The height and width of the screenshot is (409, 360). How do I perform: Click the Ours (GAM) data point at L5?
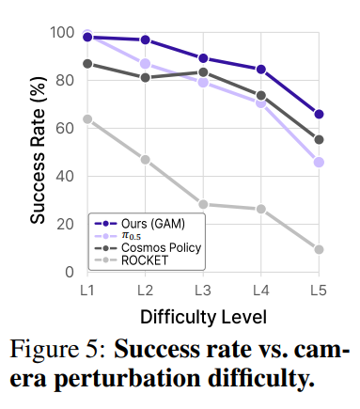pyautogui.click(x=319, y=114)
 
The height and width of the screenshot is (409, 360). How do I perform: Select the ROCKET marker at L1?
pyautogui.click(x=87, y=119)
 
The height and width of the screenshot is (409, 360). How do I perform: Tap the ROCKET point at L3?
pyautogui.click(x=203, y=204)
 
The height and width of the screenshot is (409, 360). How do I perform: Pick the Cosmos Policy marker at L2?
pyautogui.click(x=146, y=77)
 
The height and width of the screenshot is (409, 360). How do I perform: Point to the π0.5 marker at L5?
pyautogui.click(x=319, y=163)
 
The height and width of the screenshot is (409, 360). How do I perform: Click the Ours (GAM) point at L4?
pyautogui.click(x=261, y=70)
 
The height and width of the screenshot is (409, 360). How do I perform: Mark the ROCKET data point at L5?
pyautogui.click(x=319, y=249)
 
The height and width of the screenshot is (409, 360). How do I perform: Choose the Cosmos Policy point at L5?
pyautogui.click(x=319, y=140)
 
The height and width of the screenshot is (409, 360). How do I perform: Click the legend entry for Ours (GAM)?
pyautogui.click(x=153, y=224)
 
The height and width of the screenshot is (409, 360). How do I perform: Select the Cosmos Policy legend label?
pyautogui.click(x=161, y=247)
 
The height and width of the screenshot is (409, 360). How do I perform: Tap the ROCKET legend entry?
pyautogui.click(x=145, y=260)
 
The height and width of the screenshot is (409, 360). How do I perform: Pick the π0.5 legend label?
pyautogui.click(x=132, y=236)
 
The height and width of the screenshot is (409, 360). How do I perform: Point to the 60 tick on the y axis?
pyautogui.click(x=65, y=128)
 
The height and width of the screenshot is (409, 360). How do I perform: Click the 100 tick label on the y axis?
pyautogui.click(x=62, y=32)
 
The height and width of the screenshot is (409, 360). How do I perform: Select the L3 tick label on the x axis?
pyautogui.click(x=203, y=291)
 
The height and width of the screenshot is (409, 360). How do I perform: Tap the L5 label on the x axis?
pyautogui.click(x=319, y=291)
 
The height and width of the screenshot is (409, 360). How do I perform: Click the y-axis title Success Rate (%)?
pyautogui.click(x=39, y=149)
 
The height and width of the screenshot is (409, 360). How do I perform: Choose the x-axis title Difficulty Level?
pyautogui.click(x=203, y=317)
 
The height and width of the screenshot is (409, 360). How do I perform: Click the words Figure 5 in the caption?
pyautogui.click(x=58, y=349)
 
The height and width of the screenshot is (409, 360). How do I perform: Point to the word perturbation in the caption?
pyautogui.click(x=128, y=378)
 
